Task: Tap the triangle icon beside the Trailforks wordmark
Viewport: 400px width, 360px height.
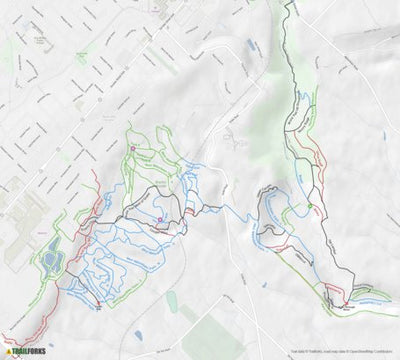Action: point(9,352)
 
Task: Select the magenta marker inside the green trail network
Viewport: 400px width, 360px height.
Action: point(132,150)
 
